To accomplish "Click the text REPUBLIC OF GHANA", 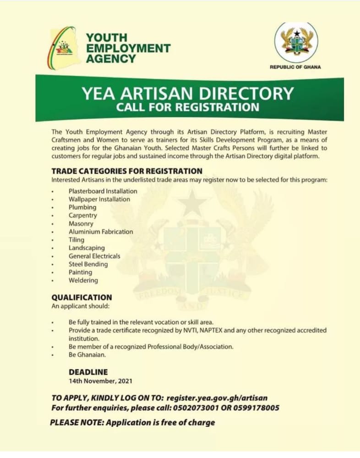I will coord(295,67).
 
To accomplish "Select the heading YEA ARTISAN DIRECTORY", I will coord(187,93).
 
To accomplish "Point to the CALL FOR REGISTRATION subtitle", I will coord(187,108).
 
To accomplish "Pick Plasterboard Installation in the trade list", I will coord(103,191).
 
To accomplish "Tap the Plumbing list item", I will coord(82,207).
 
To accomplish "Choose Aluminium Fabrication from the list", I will coord(101,232).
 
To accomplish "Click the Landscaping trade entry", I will coord(87,248).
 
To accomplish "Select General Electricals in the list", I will coord(94,256).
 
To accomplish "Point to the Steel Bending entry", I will coord(88,264).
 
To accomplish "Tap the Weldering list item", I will coord(83,280).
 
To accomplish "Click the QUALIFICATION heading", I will coord(81,297).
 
